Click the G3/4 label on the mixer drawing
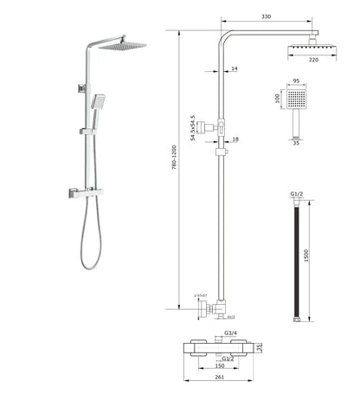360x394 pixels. pos(230,333)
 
